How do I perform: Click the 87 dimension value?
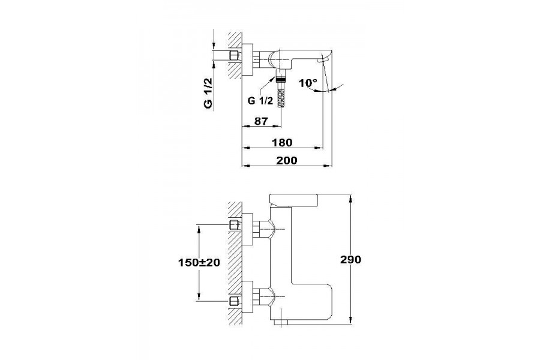pos(261,121)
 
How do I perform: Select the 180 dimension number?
pos(282,142)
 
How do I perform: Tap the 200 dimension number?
pos(287,161)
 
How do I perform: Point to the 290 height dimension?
pos(350,259)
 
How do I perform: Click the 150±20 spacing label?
pos(199,263)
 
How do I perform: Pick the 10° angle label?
pos(308,83)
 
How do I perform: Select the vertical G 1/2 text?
pos(208,93)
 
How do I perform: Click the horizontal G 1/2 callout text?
pos(260,101)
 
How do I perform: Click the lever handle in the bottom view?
pos(293,199)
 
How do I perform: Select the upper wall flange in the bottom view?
pos(248,229)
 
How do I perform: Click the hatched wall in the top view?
pos(235,55)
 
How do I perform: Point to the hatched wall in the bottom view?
pos(235,263)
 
